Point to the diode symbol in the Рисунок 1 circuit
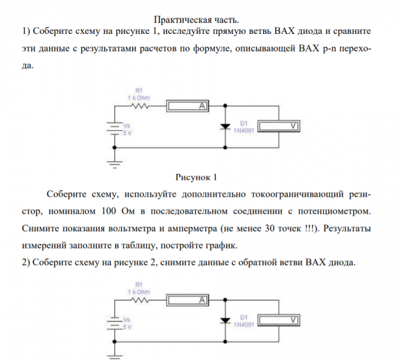click(225, 126)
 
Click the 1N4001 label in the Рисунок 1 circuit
click(243, 129)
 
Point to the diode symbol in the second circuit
click(225, 319)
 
